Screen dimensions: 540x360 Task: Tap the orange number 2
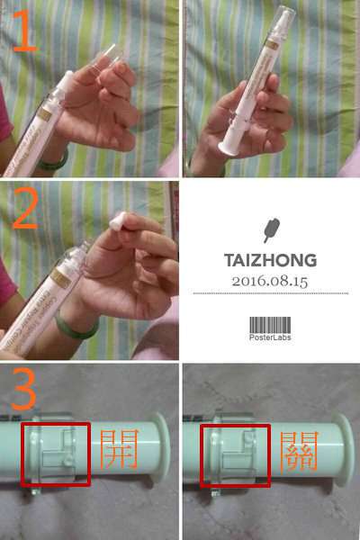pos(25,213)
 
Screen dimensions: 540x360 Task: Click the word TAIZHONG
pos(270,261)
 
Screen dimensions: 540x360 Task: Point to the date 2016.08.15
pos(270,281)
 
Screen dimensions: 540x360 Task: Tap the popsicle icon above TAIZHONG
pos(270,229)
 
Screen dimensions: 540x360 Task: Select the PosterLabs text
pos(270,338)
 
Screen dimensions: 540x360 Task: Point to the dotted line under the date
pos(270,293)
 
